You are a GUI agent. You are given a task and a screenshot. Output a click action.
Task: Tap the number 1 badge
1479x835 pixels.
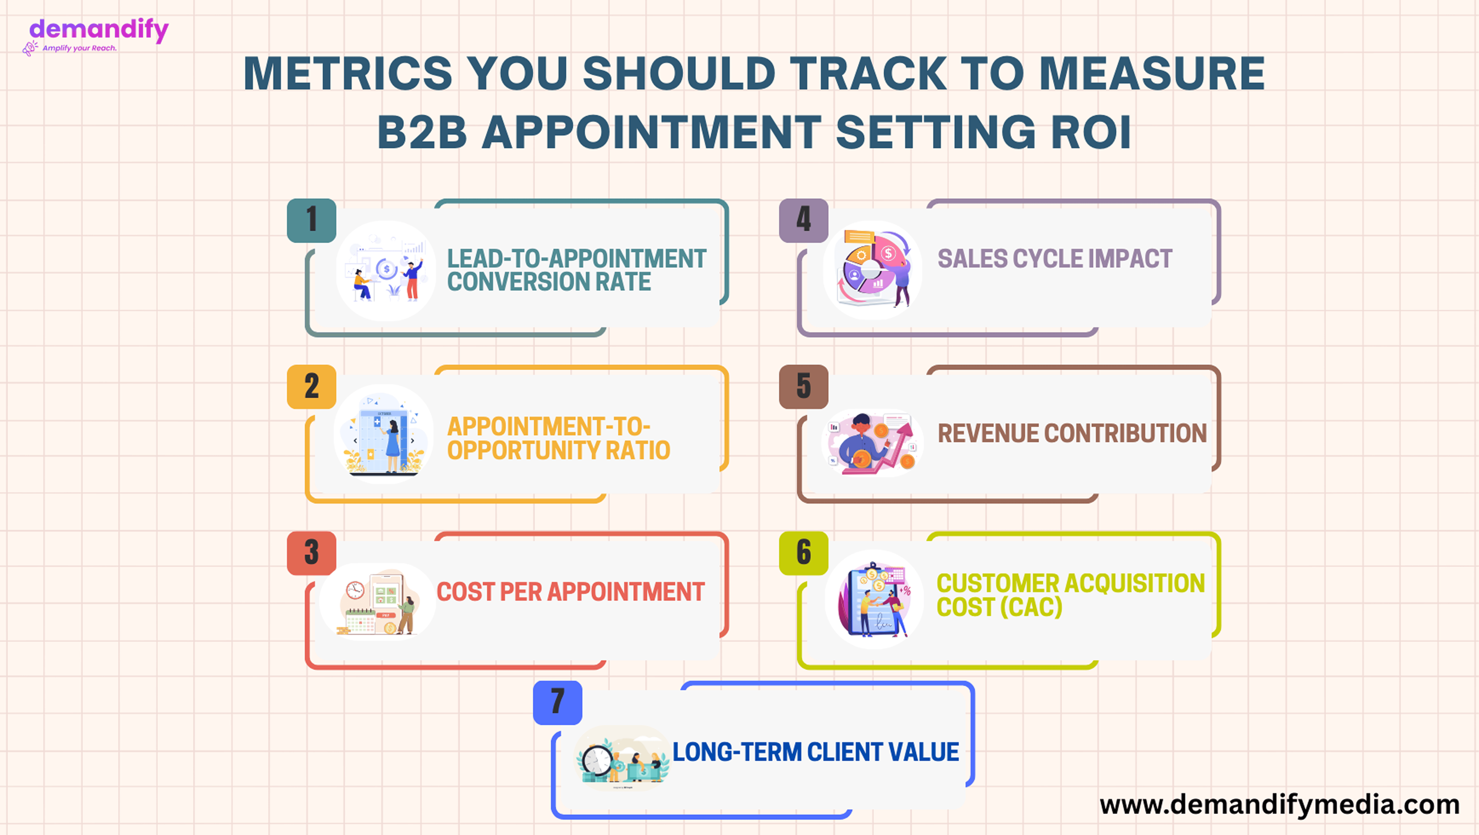click(311, 220)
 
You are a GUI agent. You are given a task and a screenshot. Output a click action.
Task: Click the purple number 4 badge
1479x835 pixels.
click(803, 220)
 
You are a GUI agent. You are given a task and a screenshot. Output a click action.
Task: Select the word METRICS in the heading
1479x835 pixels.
click(348, 73)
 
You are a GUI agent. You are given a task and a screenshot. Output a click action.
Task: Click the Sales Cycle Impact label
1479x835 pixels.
click(1055, 259)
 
